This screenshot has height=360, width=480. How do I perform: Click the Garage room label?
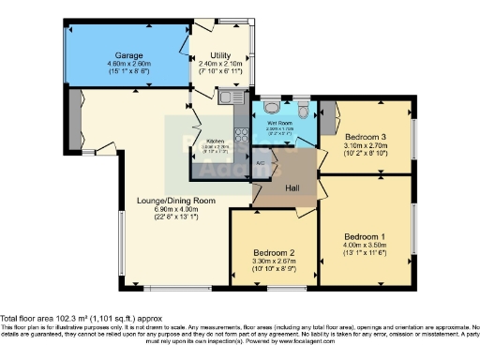tap(123, 55)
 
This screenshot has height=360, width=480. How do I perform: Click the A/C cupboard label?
tap(261, 162)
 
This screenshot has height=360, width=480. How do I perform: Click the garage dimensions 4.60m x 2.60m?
tap(123, 64)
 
